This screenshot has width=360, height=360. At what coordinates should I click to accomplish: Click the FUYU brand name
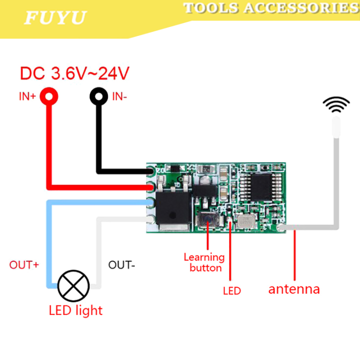click(55, 17)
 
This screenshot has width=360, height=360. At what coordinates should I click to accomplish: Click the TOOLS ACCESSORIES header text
click(270, 8)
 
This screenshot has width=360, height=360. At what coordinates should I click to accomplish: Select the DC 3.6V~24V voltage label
click(74, 73)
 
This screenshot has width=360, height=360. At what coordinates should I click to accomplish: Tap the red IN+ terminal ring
click(49, 96)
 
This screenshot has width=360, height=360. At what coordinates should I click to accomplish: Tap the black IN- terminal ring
click(98, 96)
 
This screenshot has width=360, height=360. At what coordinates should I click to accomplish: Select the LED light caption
click(75, 310)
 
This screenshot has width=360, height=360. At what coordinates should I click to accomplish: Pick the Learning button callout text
click(204, 262)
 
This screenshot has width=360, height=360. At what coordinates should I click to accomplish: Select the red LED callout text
click(232, 290)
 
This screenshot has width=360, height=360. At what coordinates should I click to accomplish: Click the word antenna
click(294, 289)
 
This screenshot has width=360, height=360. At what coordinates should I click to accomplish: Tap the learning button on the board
click(206, 219)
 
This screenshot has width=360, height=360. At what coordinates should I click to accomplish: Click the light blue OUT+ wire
click(49, 240)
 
